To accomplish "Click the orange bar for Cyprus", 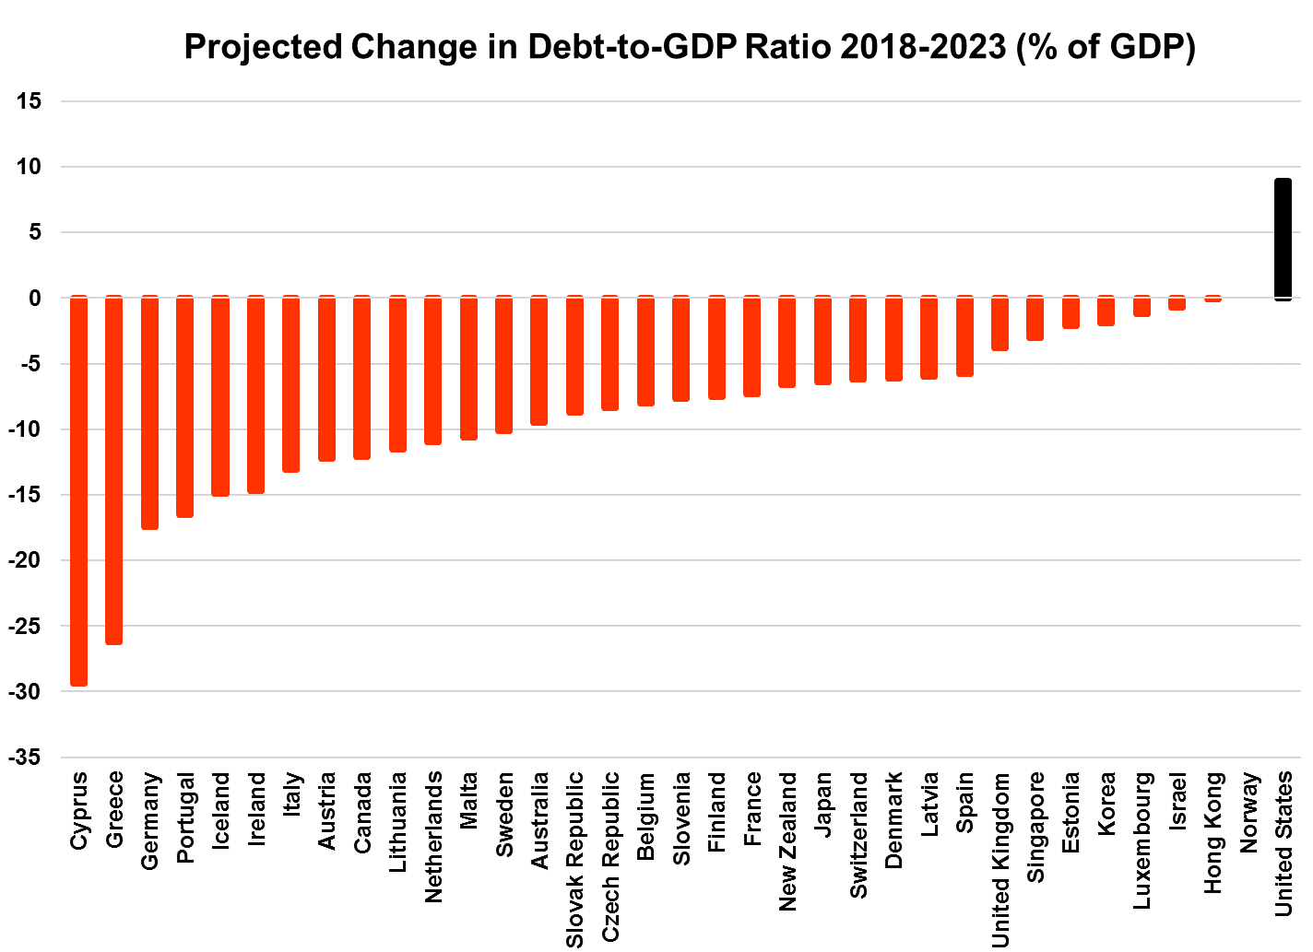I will (x=79, y=490).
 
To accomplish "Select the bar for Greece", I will (x=114, y=470).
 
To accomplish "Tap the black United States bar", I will (x=1283, y=240).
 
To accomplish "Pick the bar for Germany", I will (x=149, y=413).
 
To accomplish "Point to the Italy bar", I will (x=291, y=384).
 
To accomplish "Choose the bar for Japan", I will (x=822, y=340).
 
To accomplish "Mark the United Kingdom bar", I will (x=1000, y=323).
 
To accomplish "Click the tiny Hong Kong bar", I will (x=1212, y=299).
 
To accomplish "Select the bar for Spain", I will (x=964, y=336).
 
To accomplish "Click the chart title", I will (x=690, y=46).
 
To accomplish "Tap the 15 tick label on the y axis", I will (x=30, y=101).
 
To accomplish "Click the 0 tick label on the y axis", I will (x=35, y=298).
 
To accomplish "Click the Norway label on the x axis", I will (x=1249, y=813).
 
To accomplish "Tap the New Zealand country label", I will (x=787, y=841).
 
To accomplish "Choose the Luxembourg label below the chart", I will (x=1141, y=840).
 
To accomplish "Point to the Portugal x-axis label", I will (x=185, y=817).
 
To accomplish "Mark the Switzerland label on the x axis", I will (x=858, y=835).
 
